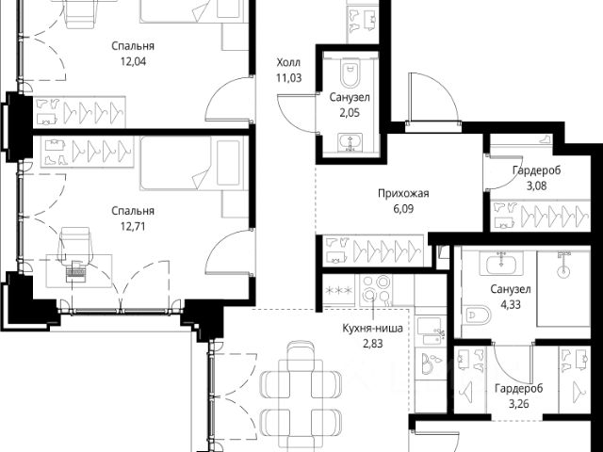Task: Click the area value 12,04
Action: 133,61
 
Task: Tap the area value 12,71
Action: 133,226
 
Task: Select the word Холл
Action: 288,62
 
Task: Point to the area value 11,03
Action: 289,78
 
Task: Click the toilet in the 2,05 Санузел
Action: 350,73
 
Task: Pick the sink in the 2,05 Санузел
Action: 350,142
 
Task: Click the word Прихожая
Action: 403,193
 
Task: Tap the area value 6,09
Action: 403,209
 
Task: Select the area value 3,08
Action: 536,186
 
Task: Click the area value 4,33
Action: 511,305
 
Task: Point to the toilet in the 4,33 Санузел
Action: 477,315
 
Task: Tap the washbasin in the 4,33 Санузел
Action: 500,264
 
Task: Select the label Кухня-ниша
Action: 373,329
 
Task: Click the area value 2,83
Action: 373,344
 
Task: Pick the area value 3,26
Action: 519,404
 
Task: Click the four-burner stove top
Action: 376,290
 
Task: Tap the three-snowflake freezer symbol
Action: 338,291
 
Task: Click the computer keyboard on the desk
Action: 75,274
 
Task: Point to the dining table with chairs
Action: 301,395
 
